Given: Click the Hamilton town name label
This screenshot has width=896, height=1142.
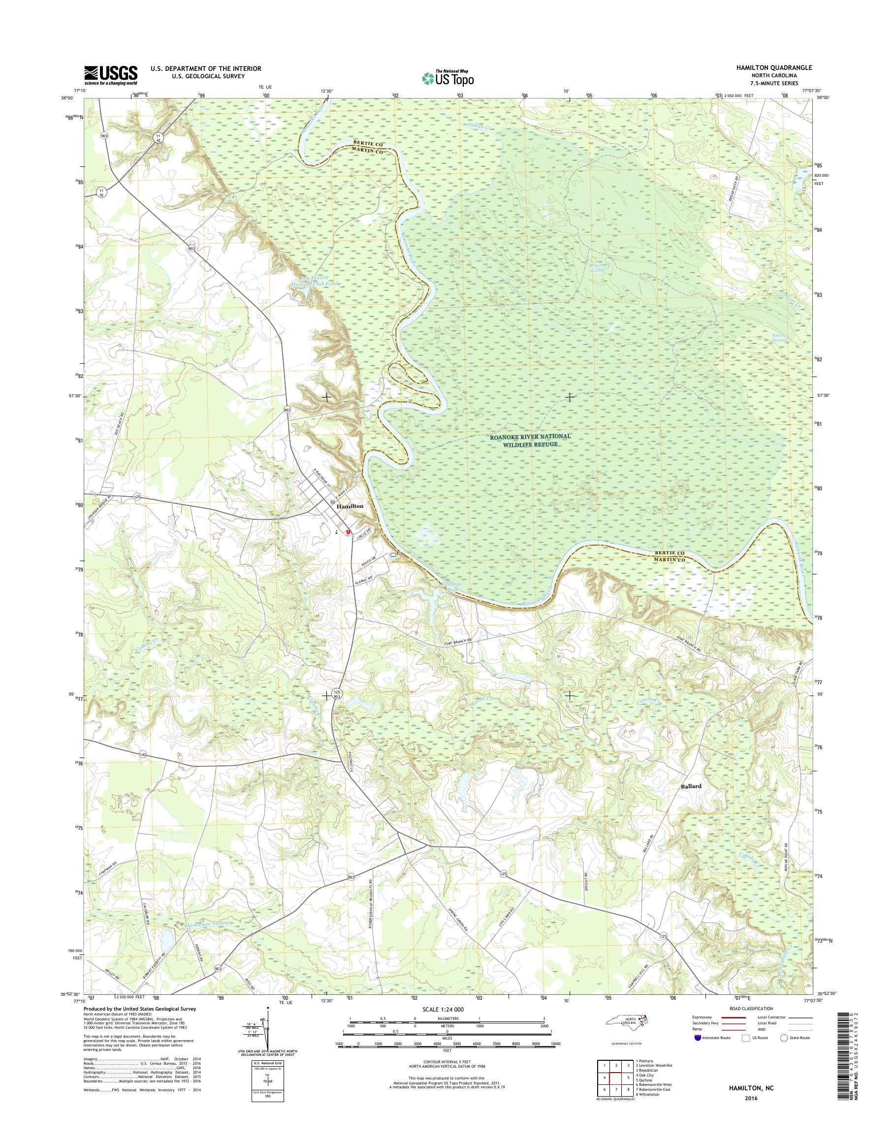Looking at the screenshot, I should [x=351, y=506].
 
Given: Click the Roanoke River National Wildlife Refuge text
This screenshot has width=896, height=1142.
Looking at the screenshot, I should [x=530, y=440].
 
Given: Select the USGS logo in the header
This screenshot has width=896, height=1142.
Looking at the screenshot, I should [x=111, y=75].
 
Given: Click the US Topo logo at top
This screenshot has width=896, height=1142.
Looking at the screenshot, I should [x=448, y=78].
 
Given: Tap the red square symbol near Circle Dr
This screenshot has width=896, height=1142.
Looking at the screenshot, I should [x=348, y=533].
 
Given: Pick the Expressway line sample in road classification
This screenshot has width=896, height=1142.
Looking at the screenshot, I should [x=734, y=1018].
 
